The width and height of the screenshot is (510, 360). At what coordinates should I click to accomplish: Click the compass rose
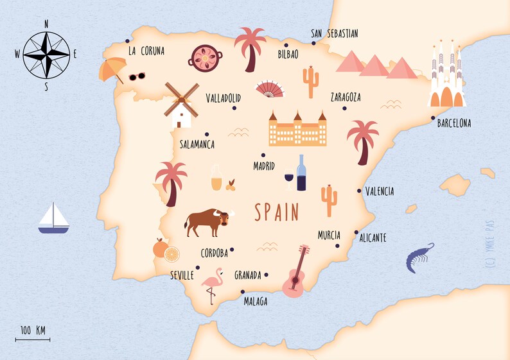coord(46,55)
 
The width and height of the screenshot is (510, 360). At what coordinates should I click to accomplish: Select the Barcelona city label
coord(453,123)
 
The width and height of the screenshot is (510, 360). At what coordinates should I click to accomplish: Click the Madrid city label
coord(264,166)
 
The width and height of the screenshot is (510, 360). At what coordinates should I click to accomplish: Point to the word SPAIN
coord(277,212)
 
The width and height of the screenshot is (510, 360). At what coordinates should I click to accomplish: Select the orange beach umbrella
coord(112,68)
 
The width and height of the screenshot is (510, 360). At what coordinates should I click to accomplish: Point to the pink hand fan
coord(269,89)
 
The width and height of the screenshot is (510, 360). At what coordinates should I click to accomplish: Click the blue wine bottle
coord(301,173)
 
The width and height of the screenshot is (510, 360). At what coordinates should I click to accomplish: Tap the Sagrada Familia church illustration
coord(447,76)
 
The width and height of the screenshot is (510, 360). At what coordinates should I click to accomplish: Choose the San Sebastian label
coord(334,34)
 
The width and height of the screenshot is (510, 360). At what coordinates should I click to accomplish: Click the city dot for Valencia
coord(359,191)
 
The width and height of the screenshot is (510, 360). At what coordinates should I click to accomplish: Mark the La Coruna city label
coord(146,51)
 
